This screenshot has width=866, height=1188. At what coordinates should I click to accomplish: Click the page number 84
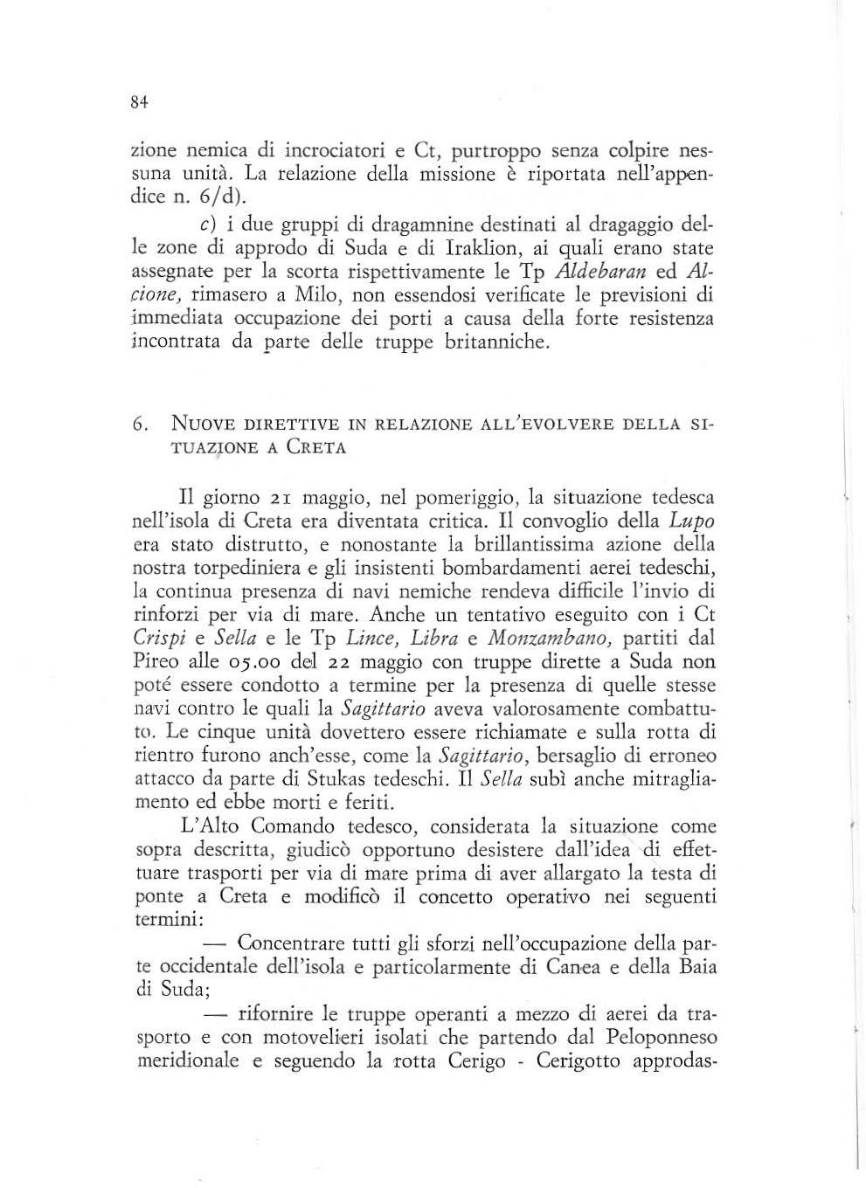point(136,102)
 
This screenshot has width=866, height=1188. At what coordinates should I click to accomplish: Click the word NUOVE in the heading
point(200,425)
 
